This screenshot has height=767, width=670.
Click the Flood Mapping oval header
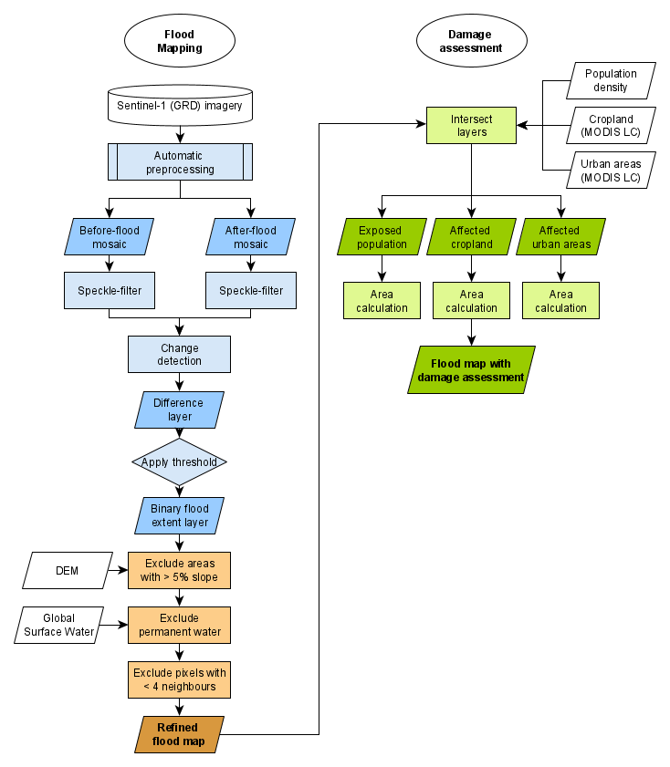(179, 41)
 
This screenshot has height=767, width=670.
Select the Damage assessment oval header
(471, 41)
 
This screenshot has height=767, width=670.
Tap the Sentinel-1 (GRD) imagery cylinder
(180, 105)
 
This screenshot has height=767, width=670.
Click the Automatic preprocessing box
(180, 162)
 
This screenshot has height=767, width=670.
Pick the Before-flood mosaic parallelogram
(110, 237)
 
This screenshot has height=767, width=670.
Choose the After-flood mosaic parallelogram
(251, 237)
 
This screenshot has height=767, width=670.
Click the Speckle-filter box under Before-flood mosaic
(110, 291)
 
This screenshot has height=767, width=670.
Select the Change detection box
(180, 354)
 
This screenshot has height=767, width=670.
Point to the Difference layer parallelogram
(180, 409)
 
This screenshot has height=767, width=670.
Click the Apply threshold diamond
(180, 461)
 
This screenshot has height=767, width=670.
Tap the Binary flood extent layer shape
(180, 515)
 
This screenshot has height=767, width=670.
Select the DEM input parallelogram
(68, 570)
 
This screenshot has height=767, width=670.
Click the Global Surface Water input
(58, 625)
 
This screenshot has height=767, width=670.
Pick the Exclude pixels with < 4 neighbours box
(180, 679)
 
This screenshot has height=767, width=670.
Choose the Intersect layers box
(471, 125)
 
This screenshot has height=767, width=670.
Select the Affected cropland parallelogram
(471, 237)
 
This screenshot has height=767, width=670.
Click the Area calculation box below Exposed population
(382, 300)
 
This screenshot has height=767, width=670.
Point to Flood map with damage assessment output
(471, 369)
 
